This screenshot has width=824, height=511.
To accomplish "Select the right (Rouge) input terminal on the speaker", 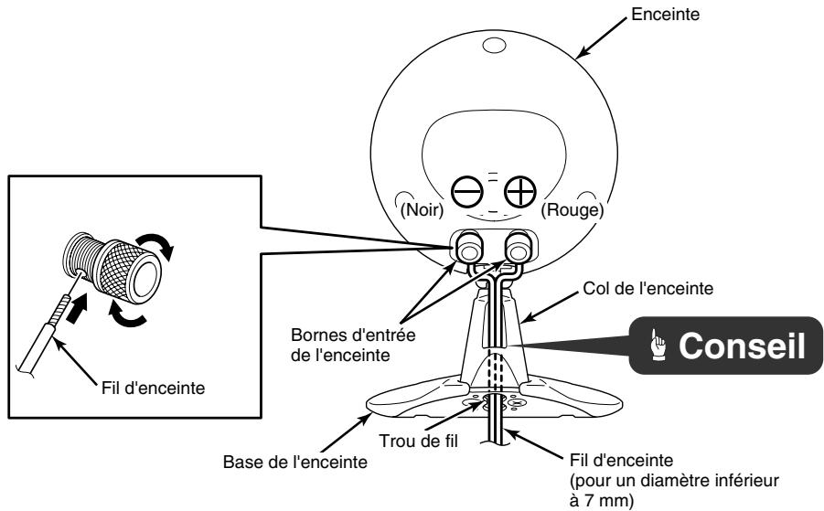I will [x=519, y=247].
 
